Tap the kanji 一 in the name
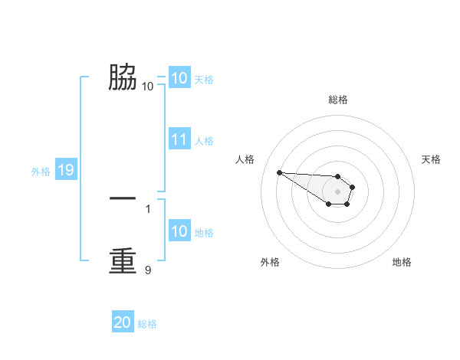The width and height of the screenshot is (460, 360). point(123,198)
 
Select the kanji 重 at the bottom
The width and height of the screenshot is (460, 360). point(123,260)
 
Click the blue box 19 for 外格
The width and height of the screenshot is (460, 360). point(66,170)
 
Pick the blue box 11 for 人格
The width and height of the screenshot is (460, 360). point(179,139)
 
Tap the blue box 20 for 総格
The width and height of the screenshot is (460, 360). point(123,322)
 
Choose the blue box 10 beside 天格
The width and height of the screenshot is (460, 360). point(179,78)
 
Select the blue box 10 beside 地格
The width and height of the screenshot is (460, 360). point(179,231)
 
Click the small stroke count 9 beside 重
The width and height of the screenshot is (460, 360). point(148,270)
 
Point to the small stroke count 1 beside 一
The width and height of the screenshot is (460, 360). point(148,208)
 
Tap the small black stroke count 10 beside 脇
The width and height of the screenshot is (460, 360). point(147,86)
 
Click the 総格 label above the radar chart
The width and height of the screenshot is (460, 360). point(338,100)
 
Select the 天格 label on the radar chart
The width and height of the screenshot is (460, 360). point(432,159)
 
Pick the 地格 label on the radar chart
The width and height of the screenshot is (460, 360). point(402,262)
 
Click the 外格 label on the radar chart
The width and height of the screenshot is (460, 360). point(270,262)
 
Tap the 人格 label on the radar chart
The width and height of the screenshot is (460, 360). point(245,159)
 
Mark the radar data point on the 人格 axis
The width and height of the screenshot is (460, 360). point(279,172)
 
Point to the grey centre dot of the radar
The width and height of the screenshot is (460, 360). point(338,191)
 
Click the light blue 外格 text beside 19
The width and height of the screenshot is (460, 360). point(41,172)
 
